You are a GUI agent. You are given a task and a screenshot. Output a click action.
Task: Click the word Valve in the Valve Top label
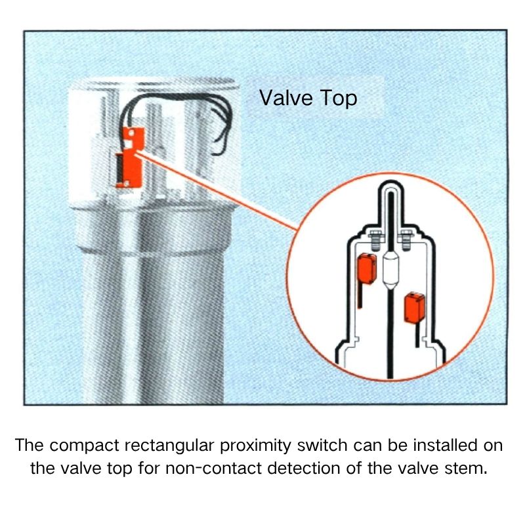tap(286, 98)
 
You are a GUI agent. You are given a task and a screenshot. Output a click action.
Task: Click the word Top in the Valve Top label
tap(339, 98)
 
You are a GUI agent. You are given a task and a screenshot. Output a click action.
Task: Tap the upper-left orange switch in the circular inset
tap(367, 268)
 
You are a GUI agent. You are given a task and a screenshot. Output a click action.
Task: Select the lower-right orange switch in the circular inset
tap(415, 308)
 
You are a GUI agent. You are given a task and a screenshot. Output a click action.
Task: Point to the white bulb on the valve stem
tap(390, 270)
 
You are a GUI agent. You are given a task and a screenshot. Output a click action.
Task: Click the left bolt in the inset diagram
tap(375, 240)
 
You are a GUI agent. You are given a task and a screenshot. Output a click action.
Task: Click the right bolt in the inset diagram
tap(406, 240)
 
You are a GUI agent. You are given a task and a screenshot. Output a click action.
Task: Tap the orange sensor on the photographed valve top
tap(131, 157)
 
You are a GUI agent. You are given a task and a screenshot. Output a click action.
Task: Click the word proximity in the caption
tap(255, 446)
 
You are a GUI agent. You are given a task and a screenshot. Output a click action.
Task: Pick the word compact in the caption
tap(85, 446)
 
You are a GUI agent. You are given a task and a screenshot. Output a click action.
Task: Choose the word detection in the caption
tap(304, 468)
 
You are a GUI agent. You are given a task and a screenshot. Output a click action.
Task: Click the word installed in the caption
tap(445, 446)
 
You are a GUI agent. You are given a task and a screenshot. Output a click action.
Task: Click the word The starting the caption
tap(29, 446)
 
